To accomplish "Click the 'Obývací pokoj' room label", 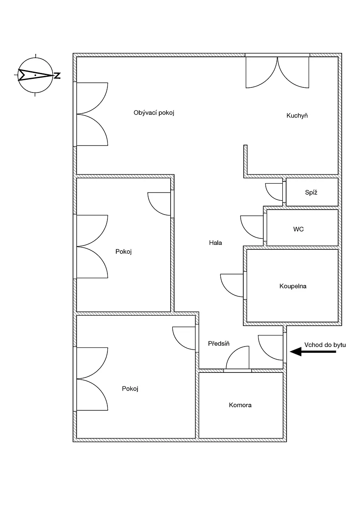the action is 154,113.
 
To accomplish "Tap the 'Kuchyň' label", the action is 297,116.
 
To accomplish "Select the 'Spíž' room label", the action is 311,193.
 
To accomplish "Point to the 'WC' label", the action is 298,229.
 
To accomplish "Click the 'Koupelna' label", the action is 292,286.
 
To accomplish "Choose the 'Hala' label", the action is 215,243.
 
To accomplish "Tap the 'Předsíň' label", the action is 219,343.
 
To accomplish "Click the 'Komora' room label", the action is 240,405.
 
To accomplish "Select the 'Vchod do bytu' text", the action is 325,345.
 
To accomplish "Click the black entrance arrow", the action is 313,352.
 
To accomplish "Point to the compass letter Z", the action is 57,76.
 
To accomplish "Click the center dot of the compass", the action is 35,75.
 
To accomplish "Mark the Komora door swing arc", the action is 232,352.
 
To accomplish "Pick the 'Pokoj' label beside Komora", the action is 130,389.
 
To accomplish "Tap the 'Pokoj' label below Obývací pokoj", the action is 124,252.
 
